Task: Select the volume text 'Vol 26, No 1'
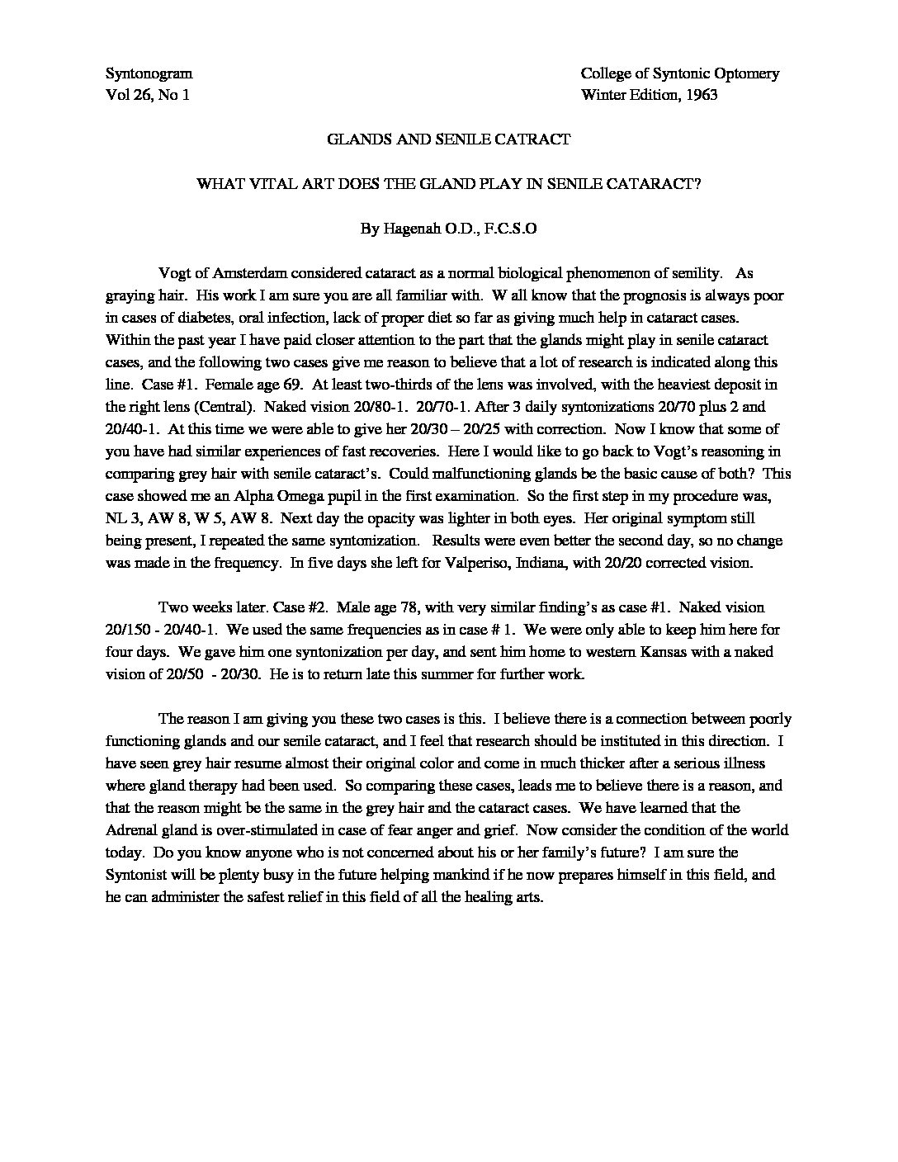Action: (148, 95)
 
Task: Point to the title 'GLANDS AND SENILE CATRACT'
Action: (448, 139)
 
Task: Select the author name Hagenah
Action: (412, 229)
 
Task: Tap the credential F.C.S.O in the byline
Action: (510, 229)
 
